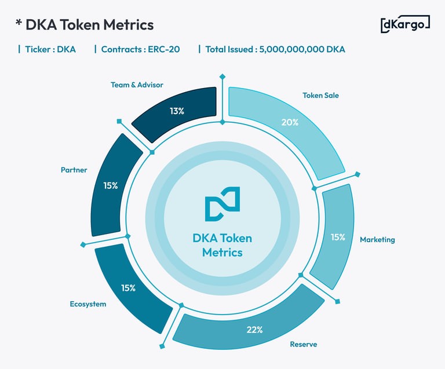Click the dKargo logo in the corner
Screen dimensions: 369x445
tap(405, 24)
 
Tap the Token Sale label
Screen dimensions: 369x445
tap(320, 95)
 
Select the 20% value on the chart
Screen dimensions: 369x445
tap(290, 122)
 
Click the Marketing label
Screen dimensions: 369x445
tap(377, 239)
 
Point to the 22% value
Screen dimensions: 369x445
tap(255, 330)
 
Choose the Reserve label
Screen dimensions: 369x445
tap(303, 345)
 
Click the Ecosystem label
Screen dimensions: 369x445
tap(88, 304)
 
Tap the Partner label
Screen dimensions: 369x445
tap(74, 170)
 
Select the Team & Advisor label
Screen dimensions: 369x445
tap(137, 85)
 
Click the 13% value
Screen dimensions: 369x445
tap(177, 111)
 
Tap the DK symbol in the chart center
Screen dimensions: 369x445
tap(222, 204)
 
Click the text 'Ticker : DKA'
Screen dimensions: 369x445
tap(50, 49)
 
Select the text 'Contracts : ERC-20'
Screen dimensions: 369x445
tap(140, 49)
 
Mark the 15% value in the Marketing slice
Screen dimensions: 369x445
tap(338, 237)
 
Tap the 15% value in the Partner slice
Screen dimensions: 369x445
tap(111, 186)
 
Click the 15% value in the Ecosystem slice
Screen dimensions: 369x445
tap(128, 288)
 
